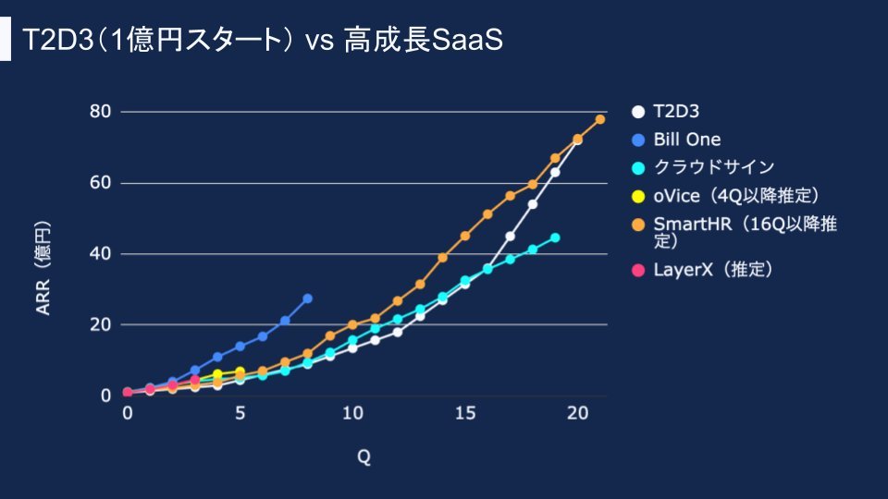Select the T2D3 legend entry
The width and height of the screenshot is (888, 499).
click(x=675, y=112)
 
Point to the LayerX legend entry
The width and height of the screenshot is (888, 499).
click(x=712, y=269)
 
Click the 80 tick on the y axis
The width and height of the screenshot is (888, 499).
click(x=100, y=112)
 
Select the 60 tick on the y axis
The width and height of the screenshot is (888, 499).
click(x=100, y=183)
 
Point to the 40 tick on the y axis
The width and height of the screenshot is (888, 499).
click(x=100, y=254)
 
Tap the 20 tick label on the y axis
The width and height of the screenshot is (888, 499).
click(x=100, y=324)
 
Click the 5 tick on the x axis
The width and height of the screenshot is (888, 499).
click(x=240, y=413)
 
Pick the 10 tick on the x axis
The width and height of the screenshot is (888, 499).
click(x=351, y=413)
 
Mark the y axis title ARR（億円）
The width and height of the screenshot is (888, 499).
click(x=43, y=268)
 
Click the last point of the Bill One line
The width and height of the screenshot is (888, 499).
click(x=307, y=298)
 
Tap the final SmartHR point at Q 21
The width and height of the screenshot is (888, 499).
click(x=600, y=119)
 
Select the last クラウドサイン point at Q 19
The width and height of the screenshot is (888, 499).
click(x=555, y=237)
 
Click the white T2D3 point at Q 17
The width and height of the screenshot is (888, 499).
click(x=510, y=236)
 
